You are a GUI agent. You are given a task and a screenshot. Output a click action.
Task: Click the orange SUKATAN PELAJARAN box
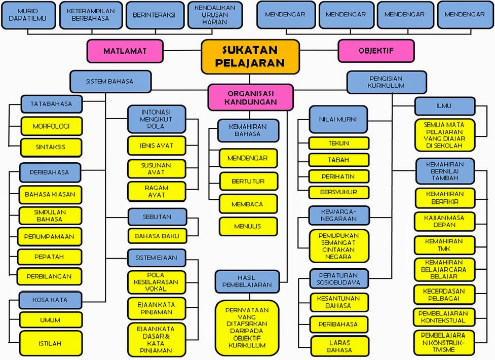(250, 56)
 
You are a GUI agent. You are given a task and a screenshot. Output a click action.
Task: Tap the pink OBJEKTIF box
(376, 51)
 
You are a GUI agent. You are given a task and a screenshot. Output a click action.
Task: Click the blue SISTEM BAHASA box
(110, 81)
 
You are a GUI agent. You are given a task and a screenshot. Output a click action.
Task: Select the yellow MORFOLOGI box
(51, 126)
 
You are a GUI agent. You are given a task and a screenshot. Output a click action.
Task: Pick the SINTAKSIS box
(51, 147)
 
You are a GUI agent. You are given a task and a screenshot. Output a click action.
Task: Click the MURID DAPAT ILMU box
(28, 15)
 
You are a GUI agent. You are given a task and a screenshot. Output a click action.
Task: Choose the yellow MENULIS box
(248, 226)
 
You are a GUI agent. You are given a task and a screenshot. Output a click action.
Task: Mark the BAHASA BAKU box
(157, 236)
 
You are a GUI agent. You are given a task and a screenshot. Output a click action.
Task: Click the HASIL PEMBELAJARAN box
(248, 281)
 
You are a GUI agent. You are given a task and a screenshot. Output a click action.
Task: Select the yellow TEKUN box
(339, 143)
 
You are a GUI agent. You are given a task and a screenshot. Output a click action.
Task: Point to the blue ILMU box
(444, 106)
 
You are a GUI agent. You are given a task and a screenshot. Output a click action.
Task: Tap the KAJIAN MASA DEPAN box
(444, 221)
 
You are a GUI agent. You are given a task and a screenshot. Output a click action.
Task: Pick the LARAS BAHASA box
(339, 346)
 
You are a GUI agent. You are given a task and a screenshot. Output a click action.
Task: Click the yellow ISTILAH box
(50, 343)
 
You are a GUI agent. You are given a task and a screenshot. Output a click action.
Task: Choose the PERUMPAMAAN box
(50, 236)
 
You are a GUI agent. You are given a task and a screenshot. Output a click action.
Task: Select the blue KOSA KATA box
(50, 300)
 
